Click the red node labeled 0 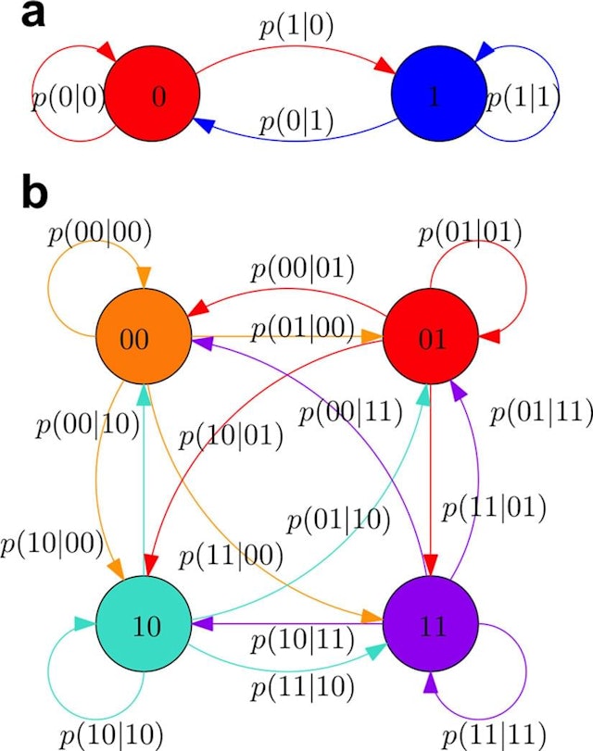point(152,98)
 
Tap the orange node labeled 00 point(143,339)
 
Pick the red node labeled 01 point(429,339)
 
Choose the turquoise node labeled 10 point(143,626)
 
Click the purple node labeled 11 point(429,626)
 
